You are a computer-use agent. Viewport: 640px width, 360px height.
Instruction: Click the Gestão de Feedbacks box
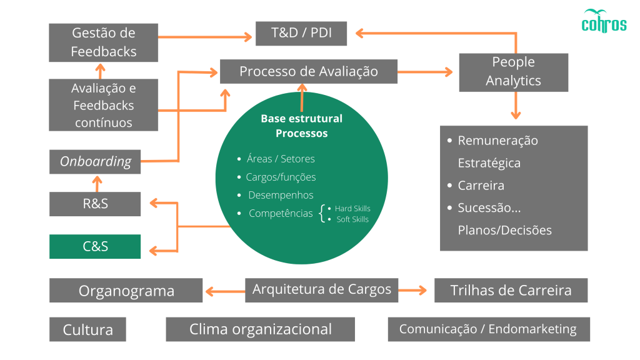point(104,42)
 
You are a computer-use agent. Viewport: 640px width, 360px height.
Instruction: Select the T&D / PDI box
point(301,33)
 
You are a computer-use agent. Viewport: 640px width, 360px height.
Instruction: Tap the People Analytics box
point(513,72)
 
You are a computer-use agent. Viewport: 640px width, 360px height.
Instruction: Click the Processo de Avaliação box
point(308,71)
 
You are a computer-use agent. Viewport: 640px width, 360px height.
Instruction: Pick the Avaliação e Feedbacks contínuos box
point(104,105)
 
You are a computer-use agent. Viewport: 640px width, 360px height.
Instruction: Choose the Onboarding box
point(95,161)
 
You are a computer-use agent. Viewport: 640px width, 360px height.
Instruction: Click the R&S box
point(95,204)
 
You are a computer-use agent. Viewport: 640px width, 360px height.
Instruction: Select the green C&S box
point(95,246)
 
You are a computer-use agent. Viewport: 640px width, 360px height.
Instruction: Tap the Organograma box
point(126,291)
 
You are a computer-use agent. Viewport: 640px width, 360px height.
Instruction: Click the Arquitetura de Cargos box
point(321,289)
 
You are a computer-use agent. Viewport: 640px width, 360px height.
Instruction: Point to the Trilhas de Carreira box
point(511,290)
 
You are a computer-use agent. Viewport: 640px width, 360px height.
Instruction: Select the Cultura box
point(87,329)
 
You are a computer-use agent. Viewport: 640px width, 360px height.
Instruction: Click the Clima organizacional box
point(260,329)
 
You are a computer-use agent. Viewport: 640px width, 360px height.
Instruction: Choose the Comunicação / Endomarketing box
point(488,329)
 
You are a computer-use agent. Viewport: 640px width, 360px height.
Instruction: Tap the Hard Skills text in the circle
point(352,208)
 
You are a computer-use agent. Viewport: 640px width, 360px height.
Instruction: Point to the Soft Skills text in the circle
point(352,219)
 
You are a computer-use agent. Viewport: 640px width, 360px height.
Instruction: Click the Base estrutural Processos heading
point(301,126)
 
